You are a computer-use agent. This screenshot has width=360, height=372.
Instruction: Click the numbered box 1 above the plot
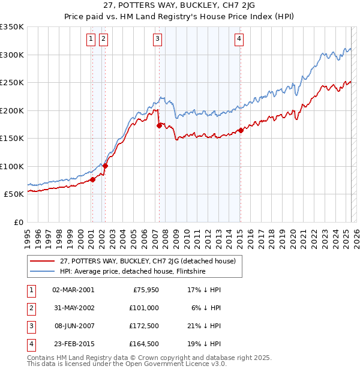coord(91,40)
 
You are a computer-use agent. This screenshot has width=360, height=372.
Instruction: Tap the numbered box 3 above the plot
coord(157,40)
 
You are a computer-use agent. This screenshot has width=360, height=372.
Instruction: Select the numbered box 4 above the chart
coord(239,40)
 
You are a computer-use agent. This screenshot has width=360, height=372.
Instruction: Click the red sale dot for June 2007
coord(159,125)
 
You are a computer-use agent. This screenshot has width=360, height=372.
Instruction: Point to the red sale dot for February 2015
coord(241,130)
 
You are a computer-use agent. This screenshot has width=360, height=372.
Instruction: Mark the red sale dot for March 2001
coord(92,179)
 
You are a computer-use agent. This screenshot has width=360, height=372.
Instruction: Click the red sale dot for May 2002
coord(106,166)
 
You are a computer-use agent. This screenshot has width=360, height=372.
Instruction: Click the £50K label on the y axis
coord(14,194)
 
